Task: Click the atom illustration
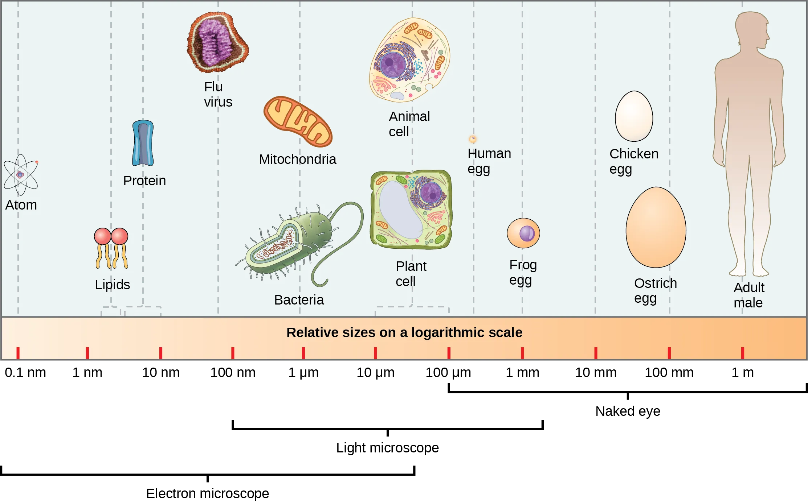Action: pyautogui.click(x=21, y=175)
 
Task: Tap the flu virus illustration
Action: pyautogui.click(x=217, y=42)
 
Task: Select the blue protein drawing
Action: pyautogui.click(x=143, y=143)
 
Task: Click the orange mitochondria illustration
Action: pyautogui.click(x=298, y=121)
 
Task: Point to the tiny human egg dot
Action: pyautogui.click(x=473, y=139)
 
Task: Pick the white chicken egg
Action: pyautogui.click(x=634, y=116)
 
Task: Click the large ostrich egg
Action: pyautogui.click(x=656, y=227)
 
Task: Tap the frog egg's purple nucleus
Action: pyautogui.click(x=527, y=233)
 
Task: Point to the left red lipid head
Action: pyautogui.click(x=103, y=236)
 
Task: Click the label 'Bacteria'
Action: pyautogui.click(x=299, y=300)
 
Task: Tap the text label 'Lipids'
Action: pyautogui.click(x=112, y=285)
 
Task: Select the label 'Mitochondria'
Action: pyautogui.click(x=297, y=159)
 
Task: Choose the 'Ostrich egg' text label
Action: pyautogui.click(x=655, y=290)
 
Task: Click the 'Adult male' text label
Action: pyautogui.click(x=748, y=295)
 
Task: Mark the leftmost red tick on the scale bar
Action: pyautogui.click(x=18, y=353)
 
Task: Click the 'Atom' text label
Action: pyautogui.click(x=21, y=205)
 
